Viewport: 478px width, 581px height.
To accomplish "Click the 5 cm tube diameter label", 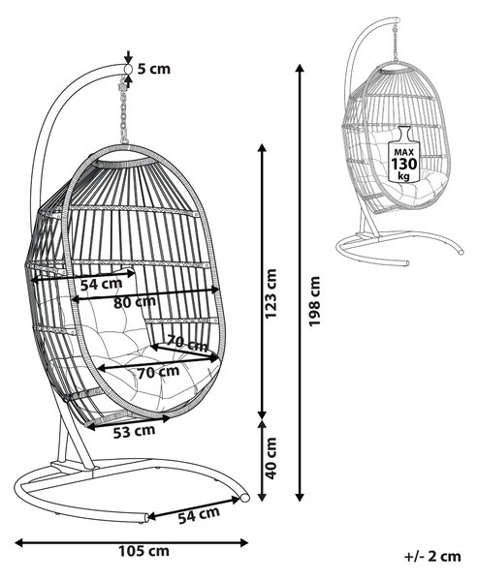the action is pos(154,69).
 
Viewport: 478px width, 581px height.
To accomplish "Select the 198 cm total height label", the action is pos(315,301).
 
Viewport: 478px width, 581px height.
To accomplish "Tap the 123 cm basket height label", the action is pos(271,293).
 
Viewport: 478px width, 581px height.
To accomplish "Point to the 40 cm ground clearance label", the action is pos(271,458).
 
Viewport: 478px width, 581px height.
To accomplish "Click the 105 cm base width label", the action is pos(144,551).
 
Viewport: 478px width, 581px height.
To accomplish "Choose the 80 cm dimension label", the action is pos(135,302).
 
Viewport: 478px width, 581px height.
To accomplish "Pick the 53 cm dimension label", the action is pos(134,432).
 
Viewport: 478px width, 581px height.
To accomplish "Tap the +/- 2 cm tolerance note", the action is pos(432,556).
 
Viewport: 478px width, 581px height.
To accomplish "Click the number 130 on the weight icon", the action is pos(403,164).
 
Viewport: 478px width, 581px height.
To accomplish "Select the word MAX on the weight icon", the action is pos(403,152).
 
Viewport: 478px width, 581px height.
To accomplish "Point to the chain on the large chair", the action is pos(123,112).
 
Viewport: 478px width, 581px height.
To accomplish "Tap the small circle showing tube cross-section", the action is pos(128,70).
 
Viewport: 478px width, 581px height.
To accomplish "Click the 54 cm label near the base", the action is pos(199,515).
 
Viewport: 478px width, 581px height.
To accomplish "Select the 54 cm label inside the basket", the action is pos(101,284).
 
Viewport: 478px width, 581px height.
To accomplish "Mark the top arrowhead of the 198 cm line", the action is pos(300,69).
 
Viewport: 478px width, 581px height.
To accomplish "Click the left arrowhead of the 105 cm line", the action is pos(19,543).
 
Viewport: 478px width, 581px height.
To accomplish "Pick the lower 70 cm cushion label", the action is pos(158,372).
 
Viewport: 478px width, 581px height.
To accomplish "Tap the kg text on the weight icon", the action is pos(403,175).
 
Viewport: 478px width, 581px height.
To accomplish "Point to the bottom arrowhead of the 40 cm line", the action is pos(263,497).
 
